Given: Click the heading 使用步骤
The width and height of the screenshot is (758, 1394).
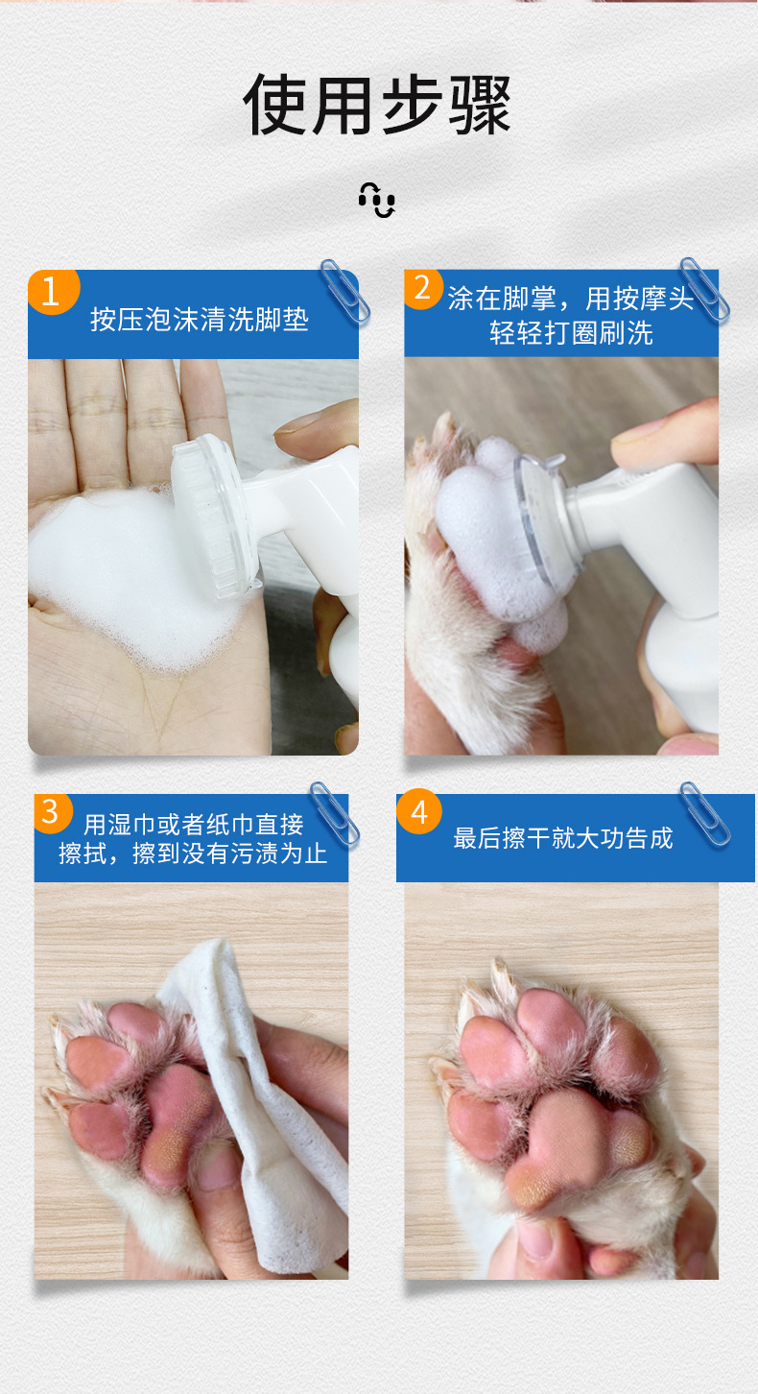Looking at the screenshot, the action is [377, 105].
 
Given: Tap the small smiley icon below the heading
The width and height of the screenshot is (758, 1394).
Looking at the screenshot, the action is [377, 200].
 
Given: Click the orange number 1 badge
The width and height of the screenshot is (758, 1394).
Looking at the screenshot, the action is [54, 291].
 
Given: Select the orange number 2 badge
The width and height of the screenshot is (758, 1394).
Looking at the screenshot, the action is [423, 289].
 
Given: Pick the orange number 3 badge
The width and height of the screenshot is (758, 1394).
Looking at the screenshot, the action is [52, 813].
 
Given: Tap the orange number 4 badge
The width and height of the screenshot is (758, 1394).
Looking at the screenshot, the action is [419, 811].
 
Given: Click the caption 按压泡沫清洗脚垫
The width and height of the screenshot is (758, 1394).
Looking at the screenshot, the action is [200, 320].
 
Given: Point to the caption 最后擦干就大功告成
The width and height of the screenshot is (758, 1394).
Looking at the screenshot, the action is [563, 838].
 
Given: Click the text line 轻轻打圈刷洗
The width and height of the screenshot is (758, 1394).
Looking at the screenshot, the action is [571, 333].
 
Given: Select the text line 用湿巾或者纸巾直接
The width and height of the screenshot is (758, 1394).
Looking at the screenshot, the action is [194, 825].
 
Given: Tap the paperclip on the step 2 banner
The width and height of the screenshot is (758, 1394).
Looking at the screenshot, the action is [704, 289].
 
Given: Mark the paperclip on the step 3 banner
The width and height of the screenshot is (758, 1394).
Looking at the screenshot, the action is [335, 815].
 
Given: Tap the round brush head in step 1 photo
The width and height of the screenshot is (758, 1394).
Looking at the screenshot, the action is [215, 516].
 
